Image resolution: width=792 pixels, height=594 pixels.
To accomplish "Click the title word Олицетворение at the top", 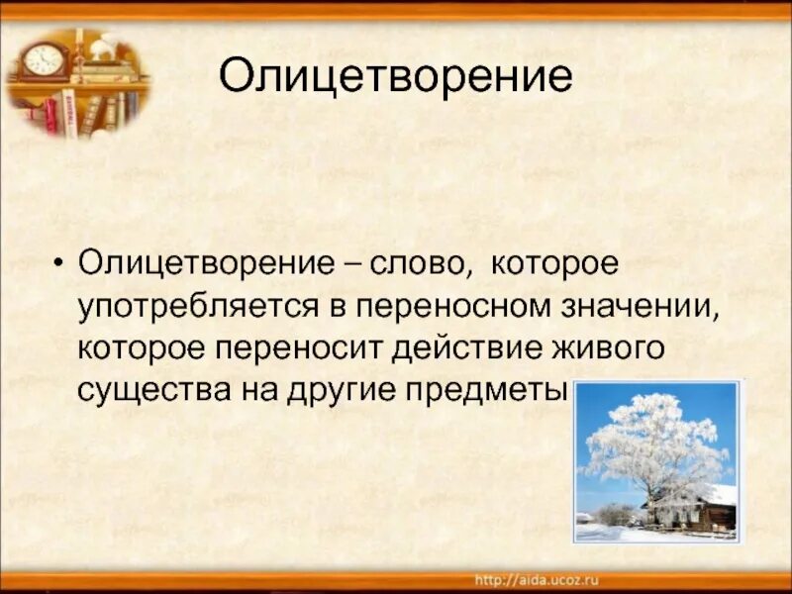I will [395, 76].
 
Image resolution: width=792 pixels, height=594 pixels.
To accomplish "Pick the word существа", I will [152, 389].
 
